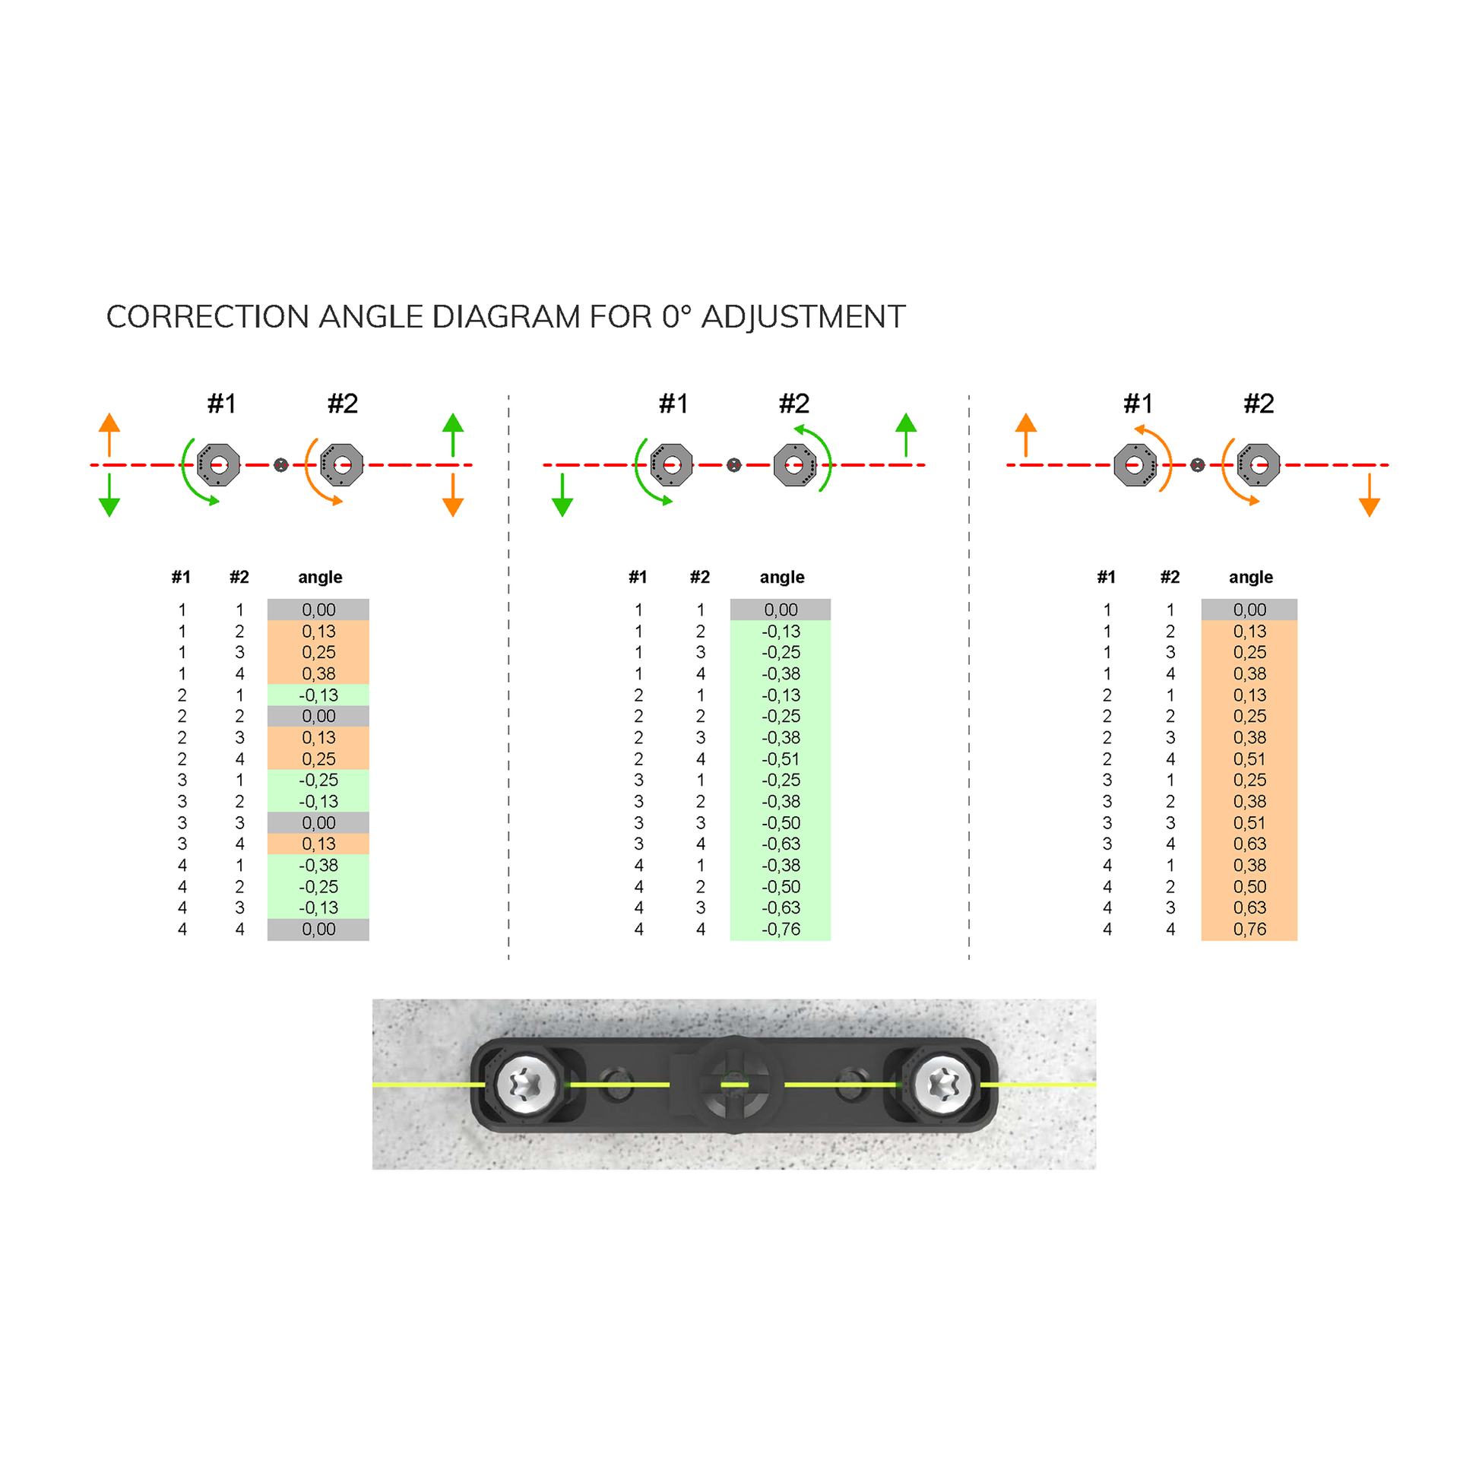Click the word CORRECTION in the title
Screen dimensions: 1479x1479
click(x=206, y=317)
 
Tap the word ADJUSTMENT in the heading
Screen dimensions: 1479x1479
click(x=803, y=317)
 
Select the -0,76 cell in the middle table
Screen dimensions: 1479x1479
click(x=781, y=930)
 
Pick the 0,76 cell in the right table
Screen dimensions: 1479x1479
click(x=1249, y=930)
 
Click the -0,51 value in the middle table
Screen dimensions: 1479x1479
click(x=781, y=759)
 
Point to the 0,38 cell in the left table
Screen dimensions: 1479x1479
click(x=318, y=673)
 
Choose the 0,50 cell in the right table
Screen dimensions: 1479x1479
click(x=1249, y=886)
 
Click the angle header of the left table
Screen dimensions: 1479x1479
click(x=320, y=577)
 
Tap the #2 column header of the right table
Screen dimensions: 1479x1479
click(x=1170, y=577)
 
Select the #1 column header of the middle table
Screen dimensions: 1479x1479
click(x=638, y=577)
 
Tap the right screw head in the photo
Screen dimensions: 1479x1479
click(x=942, y=1085)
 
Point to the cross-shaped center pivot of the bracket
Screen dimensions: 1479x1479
click(x=734, y=1085)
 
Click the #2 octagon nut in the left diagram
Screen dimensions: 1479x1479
click(x=341, y=464)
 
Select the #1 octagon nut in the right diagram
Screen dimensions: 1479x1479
click(x=1135, y=464)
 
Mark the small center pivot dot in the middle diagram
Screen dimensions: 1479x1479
click(x=734, y=464)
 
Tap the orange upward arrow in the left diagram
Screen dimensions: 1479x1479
click(x=109, y=433)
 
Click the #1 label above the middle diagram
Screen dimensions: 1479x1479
click(x=673, y=404)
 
